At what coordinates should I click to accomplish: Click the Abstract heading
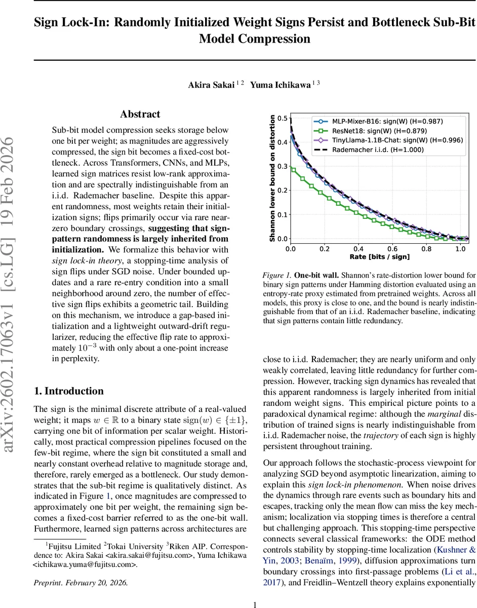[140, 115]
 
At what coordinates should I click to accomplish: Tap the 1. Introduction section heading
[68, 391]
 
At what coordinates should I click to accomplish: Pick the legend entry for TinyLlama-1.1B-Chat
[397, 140]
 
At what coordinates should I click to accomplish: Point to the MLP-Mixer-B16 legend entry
[387, 122]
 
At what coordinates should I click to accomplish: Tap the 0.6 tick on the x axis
[392, 249]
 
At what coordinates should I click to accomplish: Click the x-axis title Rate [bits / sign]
[379, 257]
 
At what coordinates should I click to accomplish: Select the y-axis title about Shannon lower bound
[272, 178]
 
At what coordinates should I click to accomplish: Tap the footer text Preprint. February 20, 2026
[81, 583]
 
